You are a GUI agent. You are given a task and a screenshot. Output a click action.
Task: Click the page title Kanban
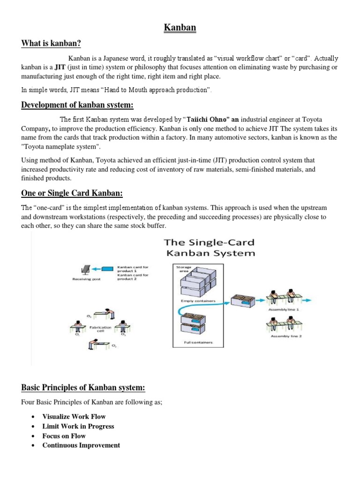[180, 28]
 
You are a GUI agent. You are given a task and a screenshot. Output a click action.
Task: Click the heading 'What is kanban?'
[51, 44]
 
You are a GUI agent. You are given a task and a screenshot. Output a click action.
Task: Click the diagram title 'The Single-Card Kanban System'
[209, 248]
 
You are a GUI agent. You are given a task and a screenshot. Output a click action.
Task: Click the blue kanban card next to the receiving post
[107, 269]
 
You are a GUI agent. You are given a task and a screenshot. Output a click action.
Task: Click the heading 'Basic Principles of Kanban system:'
[83, 388]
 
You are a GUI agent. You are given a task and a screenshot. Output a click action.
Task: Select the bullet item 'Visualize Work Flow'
[74, 416]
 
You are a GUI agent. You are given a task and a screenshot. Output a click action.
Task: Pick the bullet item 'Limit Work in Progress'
[78, 426]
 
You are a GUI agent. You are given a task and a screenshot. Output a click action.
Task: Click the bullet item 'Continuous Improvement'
[81, 445]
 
